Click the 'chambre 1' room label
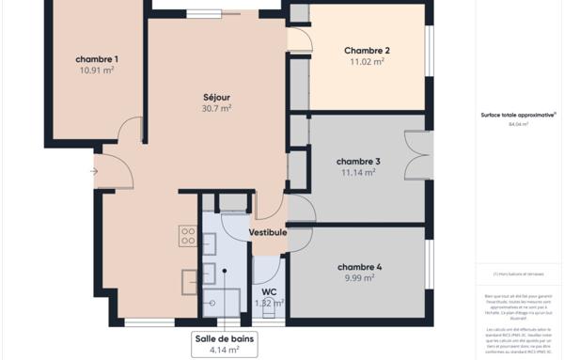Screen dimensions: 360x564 [x=97, y=59]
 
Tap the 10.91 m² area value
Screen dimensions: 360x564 [x=97, y=70]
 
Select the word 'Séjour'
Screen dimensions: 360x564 [x=216, y=97]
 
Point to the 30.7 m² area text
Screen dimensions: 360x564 [x=216, y=108]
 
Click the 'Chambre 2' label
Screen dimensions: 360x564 [x=367, y=51]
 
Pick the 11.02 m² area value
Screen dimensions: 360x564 [x=367, y=62]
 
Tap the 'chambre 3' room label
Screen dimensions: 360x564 [x=358, y=161]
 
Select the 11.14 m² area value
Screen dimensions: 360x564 [x=358, y=172]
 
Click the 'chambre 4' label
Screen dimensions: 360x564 [x=358, y=266]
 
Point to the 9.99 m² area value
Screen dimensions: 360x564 [x=358, y=277]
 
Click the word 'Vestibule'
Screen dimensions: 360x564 [x=268, y=232]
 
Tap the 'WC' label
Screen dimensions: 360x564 [x=269, y=291]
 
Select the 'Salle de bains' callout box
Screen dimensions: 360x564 [x=225, y=344]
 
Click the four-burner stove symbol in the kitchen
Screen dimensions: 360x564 [x=188, y=235]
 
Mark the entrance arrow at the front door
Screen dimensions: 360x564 [x=93, y=171]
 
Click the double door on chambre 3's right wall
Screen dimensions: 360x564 [x=416, y=155]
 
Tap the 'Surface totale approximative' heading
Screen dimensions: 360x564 [x=518, y=116]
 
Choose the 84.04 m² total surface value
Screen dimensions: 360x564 [x=518, y=124]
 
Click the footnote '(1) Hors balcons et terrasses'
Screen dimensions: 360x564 [x=518, y=274]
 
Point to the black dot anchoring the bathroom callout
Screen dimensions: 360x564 [x=225, y=269]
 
